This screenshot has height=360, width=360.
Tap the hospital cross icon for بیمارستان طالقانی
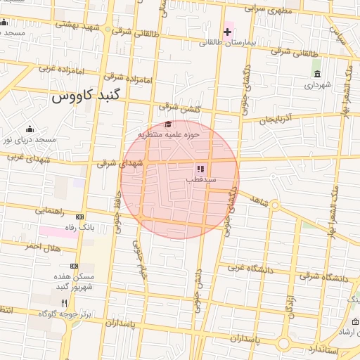(227, 32)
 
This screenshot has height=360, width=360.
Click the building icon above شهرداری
(317, 74)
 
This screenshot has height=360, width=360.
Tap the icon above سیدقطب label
(200, 169)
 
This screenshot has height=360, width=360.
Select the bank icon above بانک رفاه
(79, 217)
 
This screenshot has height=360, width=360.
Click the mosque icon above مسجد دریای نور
(30, 129)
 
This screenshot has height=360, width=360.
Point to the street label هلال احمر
(41, 246)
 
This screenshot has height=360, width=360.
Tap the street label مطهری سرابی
(270, 10)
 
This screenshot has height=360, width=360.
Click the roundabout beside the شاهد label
(276, 205)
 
